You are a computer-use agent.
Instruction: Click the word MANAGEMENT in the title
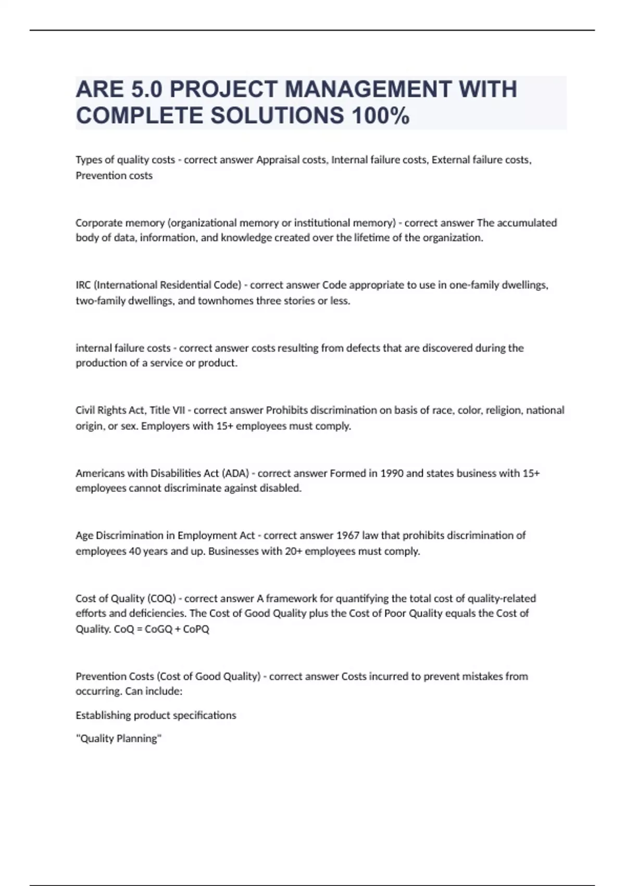367,89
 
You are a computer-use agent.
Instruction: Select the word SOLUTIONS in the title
277,116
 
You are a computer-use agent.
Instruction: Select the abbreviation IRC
84,285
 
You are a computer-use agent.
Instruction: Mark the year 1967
348,535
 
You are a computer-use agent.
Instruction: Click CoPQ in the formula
196,629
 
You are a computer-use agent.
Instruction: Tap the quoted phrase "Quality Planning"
119,739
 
